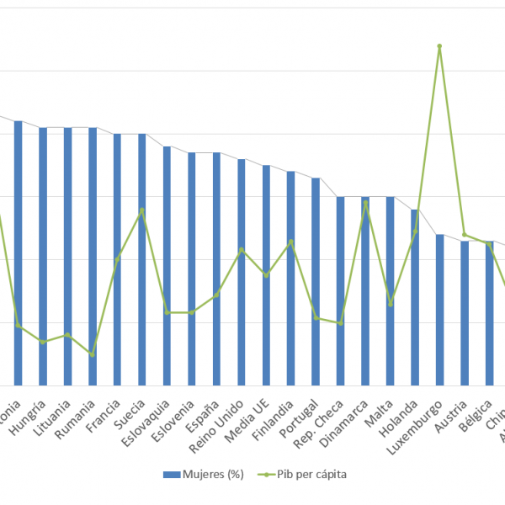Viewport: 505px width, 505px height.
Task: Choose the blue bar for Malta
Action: click(390, 291)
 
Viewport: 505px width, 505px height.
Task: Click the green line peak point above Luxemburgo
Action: click(439, 46)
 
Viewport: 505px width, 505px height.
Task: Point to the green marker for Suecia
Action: click(142, 210)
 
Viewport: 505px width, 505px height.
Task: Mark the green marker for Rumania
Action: click(93, 354)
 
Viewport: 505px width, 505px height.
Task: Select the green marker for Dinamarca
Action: click(365, 203)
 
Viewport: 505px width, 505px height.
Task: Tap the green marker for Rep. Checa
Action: click(340, 323)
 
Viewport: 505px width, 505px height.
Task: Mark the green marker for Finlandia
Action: click(290, 242)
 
